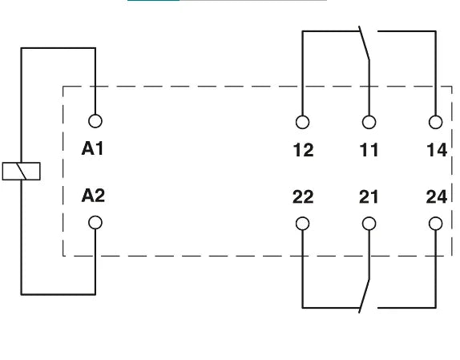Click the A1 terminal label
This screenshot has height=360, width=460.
pyautogui.click(x=92, y=148)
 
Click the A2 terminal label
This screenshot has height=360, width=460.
pyautogui.click(x=93, y=196)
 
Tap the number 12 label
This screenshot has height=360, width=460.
pyautogui.click(x=304, y=150)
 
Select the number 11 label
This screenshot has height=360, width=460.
pyautogui.click(x=369, y=150)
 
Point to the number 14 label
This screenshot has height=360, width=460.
pyautogui.click(x=437, y=150)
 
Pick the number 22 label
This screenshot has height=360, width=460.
pyautogui.click(x=303, y=197)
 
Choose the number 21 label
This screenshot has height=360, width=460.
pyautogui.click(x=369, y=197)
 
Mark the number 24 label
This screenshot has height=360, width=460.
pyautogui.click(x=437, y=197)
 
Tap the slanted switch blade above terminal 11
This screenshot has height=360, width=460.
pyautogui.click(x=364, y=43)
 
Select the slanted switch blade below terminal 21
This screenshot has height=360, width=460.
pyautogui.click(x=365, y=296)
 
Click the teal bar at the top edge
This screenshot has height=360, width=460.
pyautogui.click(x=153, y=1)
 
